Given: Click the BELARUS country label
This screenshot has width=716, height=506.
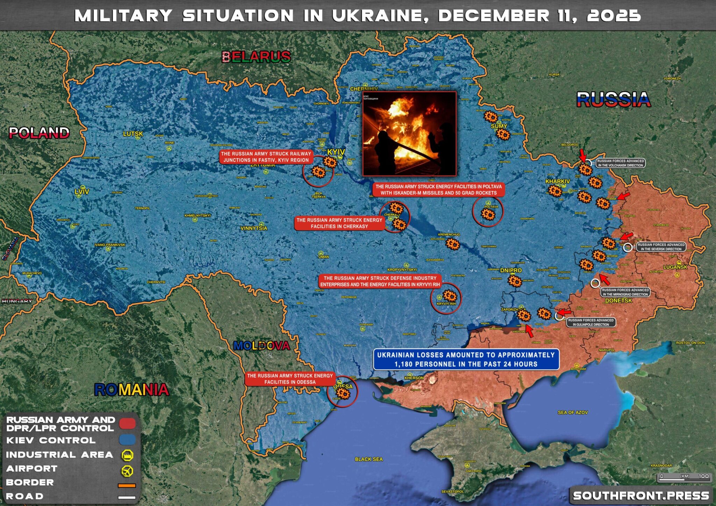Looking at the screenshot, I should coord(256,57).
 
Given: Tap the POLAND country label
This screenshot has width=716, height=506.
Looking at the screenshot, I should coord(39,133).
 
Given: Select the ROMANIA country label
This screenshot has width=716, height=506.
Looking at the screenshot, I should coord(131,390).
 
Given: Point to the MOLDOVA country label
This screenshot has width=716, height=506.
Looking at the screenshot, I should coord(262,346).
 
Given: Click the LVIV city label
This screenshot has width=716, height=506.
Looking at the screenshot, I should coord(82,191).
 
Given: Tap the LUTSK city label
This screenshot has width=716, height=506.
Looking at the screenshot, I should coord(133,134).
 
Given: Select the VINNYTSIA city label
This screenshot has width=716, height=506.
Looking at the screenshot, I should coord(254,228).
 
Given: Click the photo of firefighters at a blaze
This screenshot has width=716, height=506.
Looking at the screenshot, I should coord(409,134).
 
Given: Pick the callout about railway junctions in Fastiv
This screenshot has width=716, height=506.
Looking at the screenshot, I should coord(266,157).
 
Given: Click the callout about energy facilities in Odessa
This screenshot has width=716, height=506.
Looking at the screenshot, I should coord(290,379).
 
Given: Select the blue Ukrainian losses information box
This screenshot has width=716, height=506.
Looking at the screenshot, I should coord(466,360).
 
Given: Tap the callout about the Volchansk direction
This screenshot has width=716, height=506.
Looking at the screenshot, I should coord(620,163).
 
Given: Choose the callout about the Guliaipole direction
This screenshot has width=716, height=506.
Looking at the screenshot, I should coord(591,322).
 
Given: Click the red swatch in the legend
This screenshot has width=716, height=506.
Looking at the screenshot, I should coord(127,424).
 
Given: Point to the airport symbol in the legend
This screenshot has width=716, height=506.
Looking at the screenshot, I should coord(127,470).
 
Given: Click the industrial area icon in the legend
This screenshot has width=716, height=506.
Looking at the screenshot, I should coord(127,455).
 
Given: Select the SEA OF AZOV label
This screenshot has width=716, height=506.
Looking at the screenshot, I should coord(573,412).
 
